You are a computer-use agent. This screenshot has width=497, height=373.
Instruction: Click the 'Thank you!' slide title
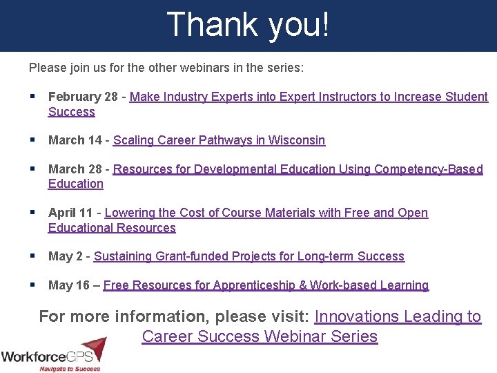click(248, 25)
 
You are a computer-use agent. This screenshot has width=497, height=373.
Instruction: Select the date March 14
click(75, 140)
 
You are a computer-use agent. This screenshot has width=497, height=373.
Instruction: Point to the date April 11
click(72, 213)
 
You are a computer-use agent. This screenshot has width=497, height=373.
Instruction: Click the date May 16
click(70, 285)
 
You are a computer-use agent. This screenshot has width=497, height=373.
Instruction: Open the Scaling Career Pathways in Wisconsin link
click(219, 140)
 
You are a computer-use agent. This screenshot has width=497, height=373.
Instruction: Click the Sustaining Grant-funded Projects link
click(248, 256)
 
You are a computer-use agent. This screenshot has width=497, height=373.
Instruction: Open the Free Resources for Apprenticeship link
click(266, 285)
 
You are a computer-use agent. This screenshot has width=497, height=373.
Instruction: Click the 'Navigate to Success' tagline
click(68, 368)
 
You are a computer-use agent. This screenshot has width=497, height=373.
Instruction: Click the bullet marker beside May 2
click(32, 256)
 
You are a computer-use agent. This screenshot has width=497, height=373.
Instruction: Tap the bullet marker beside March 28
click(32, 169)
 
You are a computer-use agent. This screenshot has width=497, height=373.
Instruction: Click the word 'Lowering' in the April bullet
click(129, 213)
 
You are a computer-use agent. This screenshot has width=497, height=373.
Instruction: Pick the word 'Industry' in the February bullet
click(183, 97)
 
